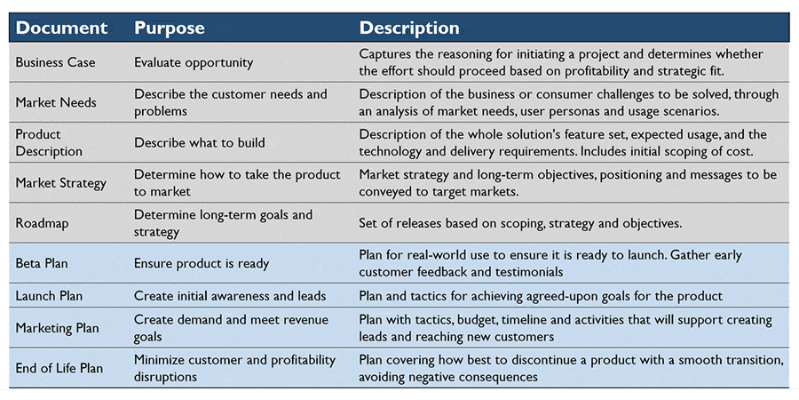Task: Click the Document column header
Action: click(61, 28)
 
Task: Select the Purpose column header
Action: click(170, 28)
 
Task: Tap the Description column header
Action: click(409, 28)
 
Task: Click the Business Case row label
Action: click(56, 62)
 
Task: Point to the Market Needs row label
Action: click(56, 102)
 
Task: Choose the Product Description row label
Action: click(49, 143)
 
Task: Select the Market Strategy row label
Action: click(60, 182)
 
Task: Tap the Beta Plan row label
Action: click(42, 264)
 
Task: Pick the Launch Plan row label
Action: click(49, 296)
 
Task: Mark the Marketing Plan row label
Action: click(57, 327)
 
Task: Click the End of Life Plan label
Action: click(59, 368)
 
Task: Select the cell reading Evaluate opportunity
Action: click(194, 63)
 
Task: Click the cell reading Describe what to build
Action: click(199, 142)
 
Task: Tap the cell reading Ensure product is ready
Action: click(202, 264)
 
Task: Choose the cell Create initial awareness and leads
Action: click(230, 296)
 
